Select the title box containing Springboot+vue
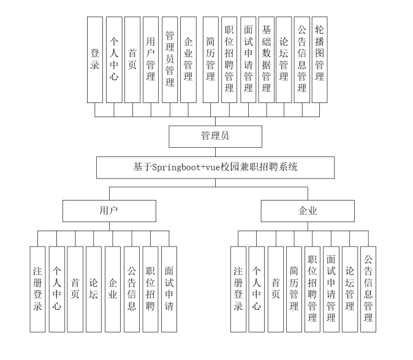coord(215,167)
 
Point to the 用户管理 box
coord(151,59)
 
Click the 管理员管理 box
coord(170,59)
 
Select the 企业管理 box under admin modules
coord(188,59)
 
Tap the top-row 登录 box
coord(95,59)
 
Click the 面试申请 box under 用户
coord(169,289)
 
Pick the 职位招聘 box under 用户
coord(150,289)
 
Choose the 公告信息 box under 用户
coord(132,289)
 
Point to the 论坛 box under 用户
coord(94,289)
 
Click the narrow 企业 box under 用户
coord(113,289)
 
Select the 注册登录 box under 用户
coord(37,289)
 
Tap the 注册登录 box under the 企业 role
coord(238,289)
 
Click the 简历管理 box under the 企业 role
coord(294,289)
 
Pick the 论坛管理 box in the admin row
coord(284,59)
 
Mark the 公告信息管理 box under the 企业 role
coord(368,289)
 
